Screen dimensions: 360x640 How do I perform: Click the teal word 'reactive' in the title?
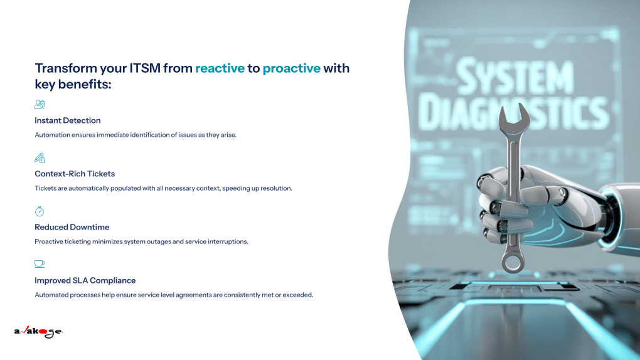point(220,68)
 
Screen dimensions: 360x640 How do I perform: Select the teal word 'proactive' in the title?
point(291,68)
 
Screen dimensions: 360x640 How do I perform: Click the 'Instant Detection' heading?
point(67,120)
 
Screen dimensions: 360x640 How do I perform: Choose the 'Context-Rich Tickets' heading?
point(75,174)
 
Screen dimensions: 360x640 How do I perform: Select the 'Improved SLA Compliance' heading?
point(85,280)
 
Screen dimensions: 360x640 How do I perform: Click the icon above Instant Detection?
point(40,105)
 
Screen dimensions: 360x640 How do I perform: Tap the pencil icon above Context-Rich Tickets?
point(40,158)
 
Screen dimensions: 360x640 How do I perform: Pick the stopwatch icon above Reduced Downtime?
point(40,211)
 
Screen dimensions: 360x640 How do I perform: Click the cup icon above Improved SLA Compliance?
point(40,264)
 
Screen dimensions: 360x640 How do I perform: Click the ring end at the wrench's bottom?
point(513,262)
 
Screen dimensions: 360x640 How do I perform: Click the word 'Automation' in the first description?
point(53,135)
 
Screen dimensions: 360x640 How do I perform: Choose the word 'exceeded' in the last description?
point(297,295)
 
